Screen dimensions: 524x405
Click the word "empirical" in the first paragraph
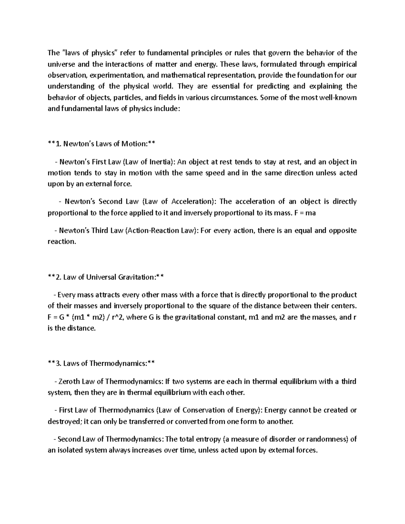coord(341,64)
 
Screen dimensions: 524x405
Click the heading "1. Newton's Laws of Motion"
coord(101,144)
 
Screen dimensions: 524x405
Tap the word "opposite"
coord(342,231)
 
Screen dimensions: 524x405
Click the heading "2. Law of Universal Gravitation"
coord(106,277)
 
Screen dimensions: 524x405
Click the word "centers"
coord(344,306)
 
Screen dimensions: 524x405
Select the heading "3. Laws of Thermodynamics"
coord(101,363)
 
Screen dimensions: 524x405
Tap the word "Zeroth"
coord(69,382)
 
